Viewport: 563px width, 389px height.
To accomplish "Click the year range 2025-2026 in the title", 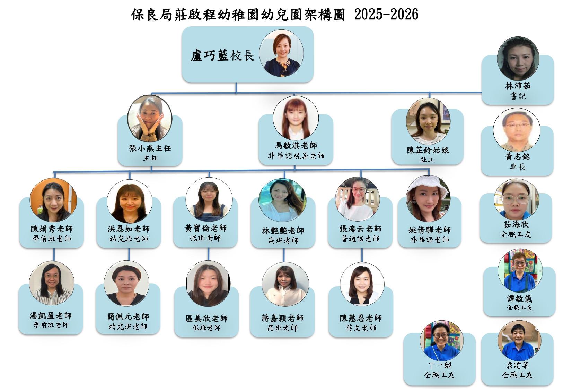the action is pyautogui.click(x=386, y=14).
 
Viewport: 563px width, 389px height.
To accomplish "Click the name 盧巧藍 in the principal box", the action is pyautogui.click(x=209, y=55).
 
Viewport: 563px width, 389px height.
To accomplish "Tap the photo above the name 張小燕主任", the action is pyautogui.click(x=150, y=118).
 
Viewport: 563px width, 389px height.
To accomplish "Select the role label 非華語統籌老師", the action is pyautogui.click(x=296, y=156).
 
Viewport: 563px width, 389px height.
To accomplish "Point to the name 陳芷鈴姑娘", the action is pyautogui.click(x=428, y=150).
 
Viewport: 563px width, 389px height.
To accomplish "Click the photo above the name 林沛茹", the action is pyautogui.click(x=518, y=58).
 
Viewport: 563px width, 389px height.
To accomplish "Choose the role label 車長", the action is pyautogui.click(x=518, y=167).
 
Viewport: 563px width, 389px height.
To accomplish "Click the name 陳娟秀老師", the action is pyautogui.click(x=52, y=229).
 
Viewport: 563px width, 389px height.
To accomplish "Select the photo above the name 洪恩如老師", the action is pyautogui.click(x=130, y=201).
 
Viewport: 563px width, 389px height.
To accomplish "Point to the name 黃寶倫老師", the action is pyautogui.click(x=205, y=228).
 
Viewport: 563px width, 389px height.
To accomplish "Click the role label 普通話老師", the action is pyautogui.click(x=360, y=239).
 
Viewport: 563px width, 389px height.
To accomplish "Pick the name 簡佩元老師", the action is pyautogui.click(x=128, y=316).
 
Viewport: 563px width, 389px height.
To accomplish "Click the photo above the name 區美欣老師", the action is pyautogui.click(x=208, y=284).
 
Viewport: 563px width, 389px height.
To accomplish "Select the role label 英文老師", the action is pyautogui.click(x=361, y=328).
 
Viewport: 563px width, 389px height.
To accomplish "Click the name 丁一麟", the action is pyautogui.click(x=440, y=365).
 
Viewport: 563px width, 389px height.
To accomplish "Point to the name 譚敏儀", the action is pyautogui.click(x=519, y=298).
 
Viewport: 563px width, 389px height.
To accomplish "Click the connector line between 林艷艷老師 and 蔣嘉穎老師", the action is pyautogui.click(x=284, y=255).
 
